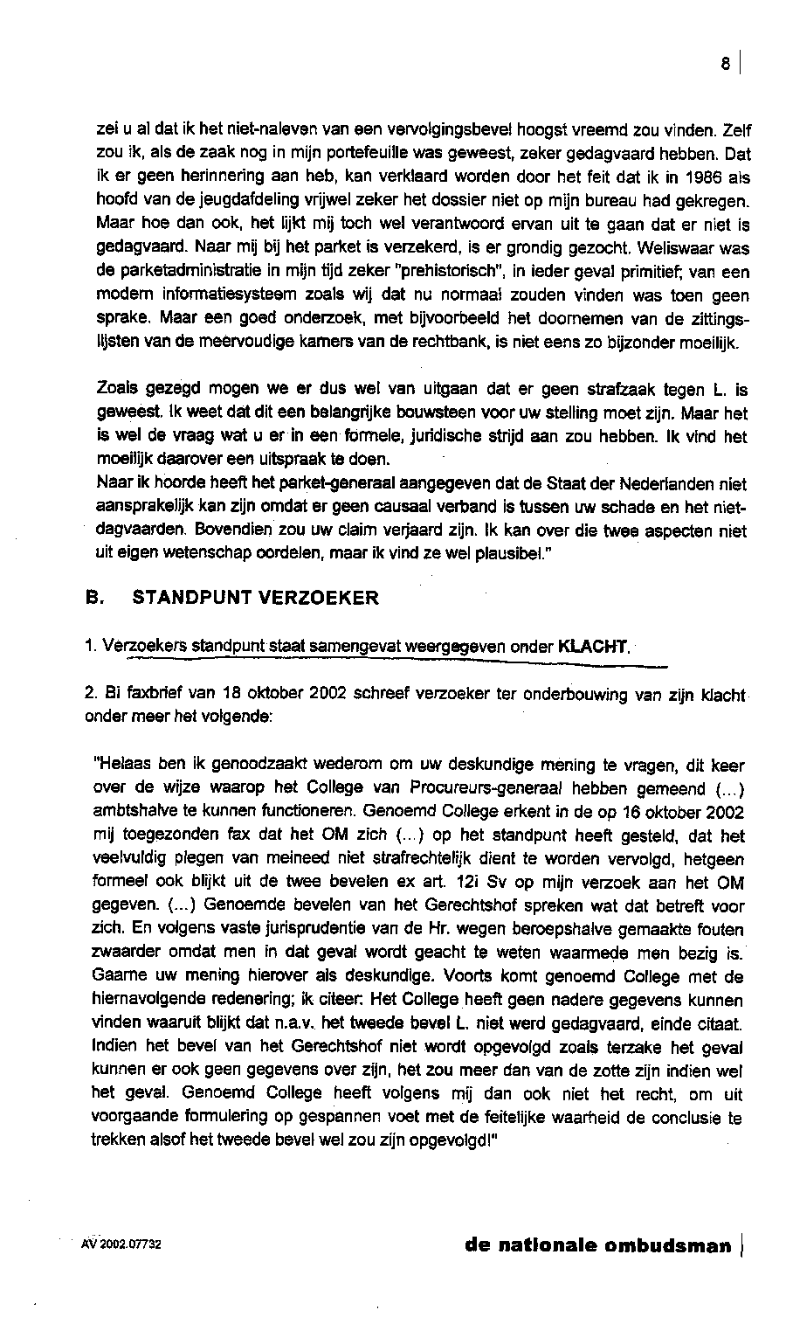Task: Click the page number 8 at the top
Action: pyautogui.click(x=724, y=64)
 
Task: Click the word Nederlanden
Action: pyautogui.click(x=693, y=483)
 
